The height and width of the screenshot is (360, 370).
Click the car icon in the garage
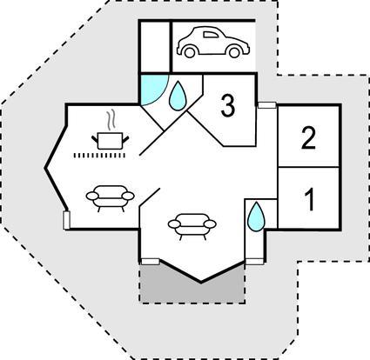[x=213, y=42]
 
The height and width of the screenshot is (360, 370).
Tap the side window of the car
[x=211, y=35]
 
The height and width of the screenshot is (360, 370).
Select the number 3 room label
[x=228, y=106]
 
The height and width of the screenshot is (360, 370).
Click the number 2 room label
[x=308, y=138]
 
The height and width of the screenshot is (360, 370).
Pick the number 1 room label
[x=310, y=199]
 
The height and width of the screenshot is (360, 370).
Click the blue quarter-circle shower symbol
[x=151, y=89]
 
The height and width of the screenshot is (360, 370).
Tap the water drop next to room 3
[x=177, y=96]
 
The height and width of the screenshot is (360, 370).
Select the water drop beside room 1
[x=257, y=217]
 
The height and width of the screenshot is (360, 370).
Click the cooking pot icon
[x=110, y=141]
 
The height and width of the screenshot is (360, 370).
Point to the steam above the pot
[x=111, y=121]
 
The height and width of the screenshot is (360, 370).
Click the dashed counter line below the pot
[x=99, y=156]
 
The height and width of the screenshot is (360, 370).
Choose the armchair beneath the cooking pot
[x=111, y=197]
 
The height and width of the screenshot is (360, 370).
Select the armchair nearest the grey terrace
[x=192, y=226]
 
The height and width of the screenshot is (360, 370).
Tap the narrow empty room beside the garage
[x=155, y=46]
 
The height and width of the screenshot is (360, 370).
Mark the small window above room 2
[x=266, y=105]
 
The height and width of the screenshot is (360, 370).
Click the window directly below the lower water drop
[x=254, y=262]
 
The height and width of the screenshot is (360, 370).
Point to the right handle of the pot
[x=126, y=138]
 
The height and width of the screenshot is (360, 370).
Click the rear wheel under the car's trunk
[x=234, y=52]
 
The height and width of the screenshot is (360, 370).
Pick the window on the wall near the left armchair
[x=67, y=220]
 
